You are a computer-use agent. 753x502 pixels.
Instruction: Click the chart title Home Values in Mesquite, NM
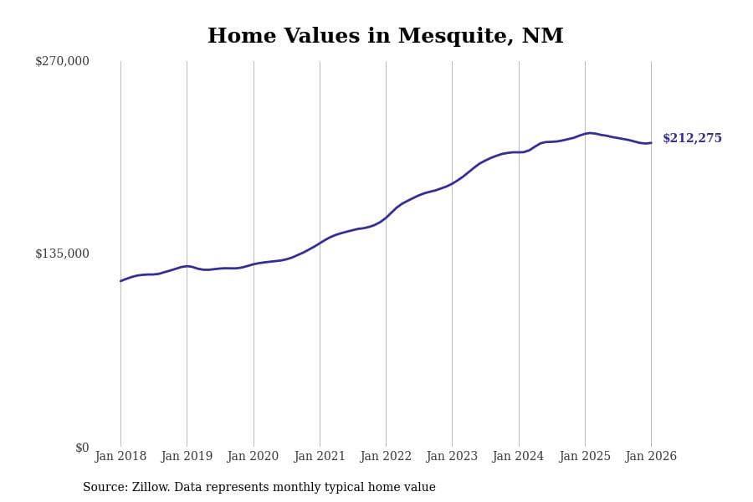tap(385, 37)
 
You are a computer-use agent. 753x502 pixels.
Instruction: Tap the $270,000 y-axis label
tap(62, 61)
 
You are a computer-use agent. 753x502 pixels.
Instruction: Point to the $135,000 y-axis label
tap(62, 254)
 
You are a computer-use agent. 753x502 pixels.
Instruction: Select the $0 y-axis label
tap(81, 448)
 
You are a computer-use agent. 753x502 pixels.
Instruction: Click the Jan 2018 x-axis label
tap(120, 457)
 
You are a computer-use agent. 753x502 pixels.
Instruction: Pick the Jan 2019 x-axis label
tap(187, 457)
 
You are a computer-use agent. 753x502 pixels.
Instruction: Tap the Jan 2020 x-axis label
tap(253, 457)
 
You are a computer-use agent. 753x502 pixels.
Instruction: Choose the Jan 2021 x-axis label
tap(320, 457)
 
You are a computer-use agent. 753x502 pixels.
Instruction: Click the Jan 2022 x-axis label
tap(386, 457)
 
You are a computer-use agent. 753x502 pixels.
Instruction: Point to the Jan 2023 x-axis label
tap(452, 457)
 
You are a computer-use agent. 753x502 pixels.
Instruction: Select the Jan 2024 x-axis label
tap(518, 457)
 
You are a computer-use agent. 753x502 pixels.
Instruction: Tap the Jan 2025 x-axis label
tap(585, 457)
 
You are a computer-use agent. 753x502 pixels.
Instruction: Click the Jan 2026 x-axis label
tap(651, 457)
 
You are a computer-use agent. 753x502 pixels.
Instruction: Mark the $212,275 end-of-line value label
tap(692, 139)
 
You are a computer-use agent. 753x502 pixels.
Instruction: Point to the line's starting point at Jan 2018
tap(120, 281)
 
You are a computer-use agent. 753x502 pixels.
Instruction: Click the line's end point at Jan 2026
tap(651, 142)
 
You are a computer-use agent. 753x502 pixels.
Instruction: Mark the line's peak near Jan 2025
tap(590, 133)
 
